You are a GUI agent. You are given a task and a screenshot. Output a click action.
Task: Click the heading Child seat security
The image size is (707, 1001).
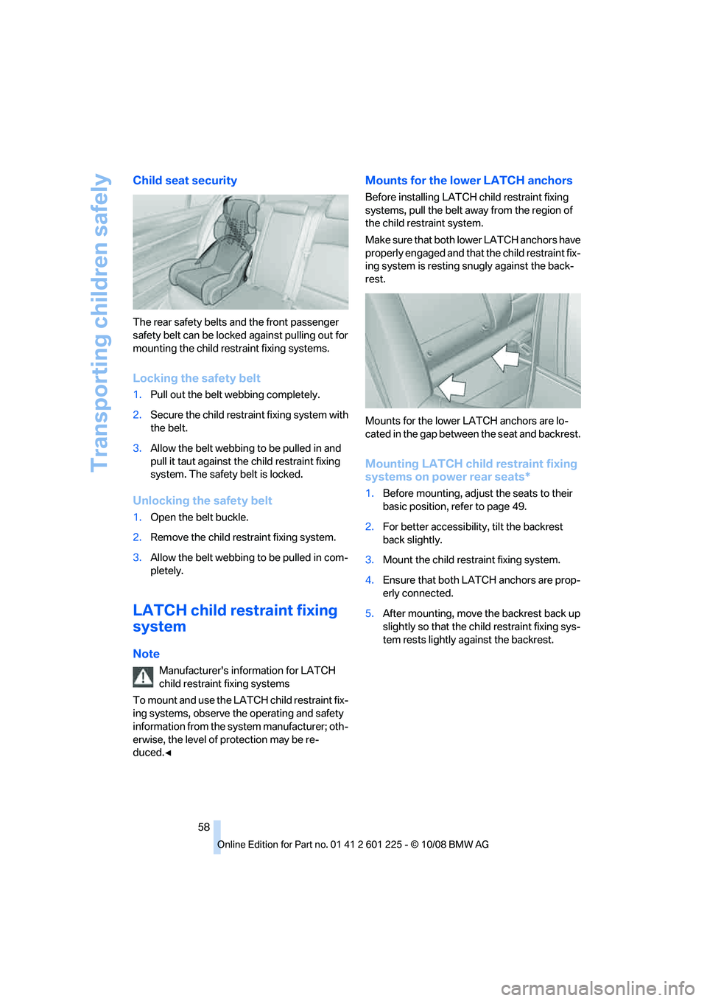coord(185,181)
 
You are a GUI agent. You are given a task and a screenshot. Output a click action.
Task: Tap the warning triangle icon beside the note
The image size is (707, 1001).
coord(143,677)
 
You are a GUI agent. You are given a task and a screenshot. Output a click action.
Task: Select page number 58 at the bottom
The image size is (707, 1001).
coord(204,827)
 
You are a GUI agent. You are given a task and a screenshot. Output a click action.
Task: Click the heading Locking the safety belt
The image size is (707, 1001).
coord(197,378)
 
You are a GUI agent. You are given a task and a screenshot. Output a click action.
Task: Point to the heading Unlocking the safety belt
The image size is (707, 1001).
coord(203,501)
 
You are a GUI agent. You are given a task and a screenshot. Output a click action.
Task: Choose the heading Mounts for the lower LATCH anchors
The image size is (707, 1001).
coord(468,181)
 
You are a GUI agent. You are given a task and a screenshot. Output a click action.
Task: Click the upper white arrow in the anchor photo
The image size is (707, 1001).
coord(506,357)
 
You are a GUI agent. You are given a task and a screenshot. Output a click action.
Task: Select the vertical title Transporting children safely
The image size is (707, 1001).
coord(100,323)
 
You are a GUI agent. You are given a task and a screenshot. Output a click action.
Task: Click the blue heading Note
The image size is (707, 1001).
coord(146,654)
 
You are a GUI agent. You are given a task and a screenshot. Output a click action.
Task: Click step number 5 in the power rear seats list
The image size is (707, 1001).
coord(369,613)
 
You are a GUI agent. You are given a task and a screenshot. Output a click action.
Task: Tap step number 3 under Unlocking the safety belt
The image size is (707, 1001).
coord(137,557)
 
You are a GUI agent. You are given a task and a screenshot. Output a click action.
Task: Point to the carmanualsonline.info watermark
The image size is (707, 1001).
coord(597,988)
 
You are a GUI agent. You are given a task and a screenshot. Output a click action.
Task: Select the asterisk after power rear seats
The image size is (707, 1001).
coord(527,476)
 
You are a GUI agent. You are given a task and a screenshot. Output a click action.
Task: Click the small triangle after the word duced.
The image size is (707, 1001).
coord(168,753)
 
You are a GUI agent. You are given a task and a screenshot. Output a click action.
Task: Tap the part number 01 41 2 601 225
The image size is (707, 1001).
coord(366,845)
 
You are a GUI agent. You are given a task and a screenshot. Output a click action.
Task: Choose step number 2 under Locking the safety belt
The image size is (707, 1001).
coord(137,415)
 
